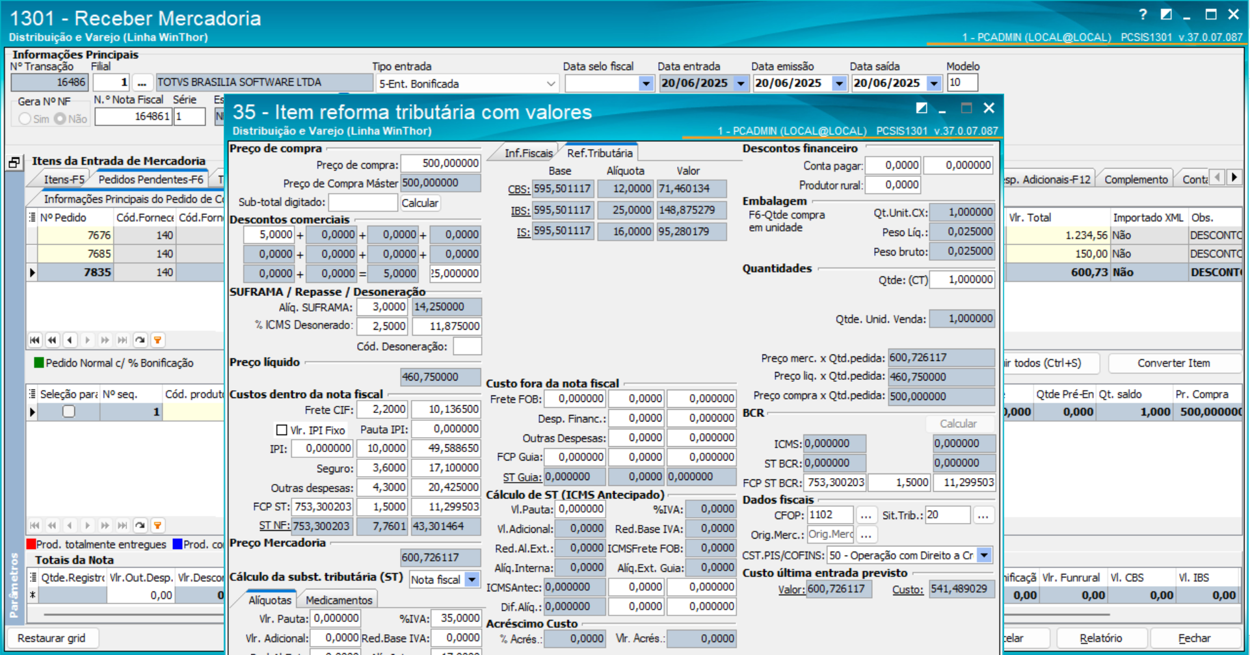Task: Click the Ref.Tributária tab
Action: click(x=599, y=153)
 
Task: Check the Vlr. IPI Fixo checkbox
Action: click(x=282, y=430)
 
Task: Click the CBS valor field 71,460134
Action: click(x=691, y=189)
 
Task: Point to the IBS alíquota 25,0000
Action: click(x=625, y=210)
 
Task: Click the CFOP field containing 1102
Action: click(x=829, y=515)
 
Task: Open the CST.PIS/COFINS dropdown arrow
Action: click(x=985, y=555)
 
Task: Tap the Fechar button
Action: click(x=1194, y=638)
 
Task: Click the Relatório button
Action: click(x=1100, y=638)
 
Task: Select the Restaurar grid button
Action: click(x=51, y=638)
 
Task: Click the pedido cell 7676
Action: click(x=75, y=235)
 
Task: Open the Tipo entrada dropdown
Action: click(x=550, y=84)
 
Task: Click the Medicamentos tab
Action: click(x=339, y=600)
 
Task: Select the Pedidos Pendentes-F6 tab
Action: click(x=150, y=180)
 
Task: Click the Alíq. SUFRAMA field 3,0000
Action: click(x=388, y=306)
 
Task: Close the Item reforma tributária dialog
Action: click(x=989, y=108)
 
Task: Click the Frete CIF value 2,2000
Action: click(x=388, y=409)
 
